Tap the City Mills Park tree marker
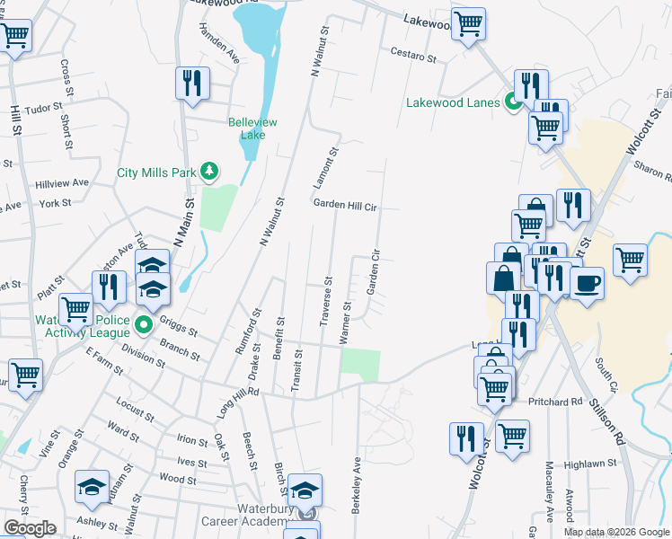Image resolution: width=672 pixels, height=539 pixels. pos(209,171)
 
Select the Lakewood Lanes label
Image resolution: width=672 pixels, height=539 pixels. pos(452,102)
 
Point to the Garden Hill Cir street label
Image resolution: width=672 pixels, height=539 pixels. pos(344,205)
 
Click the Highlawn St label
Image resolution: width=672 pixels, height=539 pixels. pos(589,464)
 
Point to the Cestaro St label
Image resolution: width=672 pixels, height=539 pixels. pos(412,57)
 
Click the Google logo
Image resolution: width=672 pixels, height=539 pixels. pos(30,528)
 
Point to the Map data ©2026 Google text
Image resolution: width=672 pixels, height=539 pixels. pos(615,532)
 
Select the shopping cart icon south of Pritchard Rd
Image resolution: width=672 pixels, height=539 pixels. pos(512,436)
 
